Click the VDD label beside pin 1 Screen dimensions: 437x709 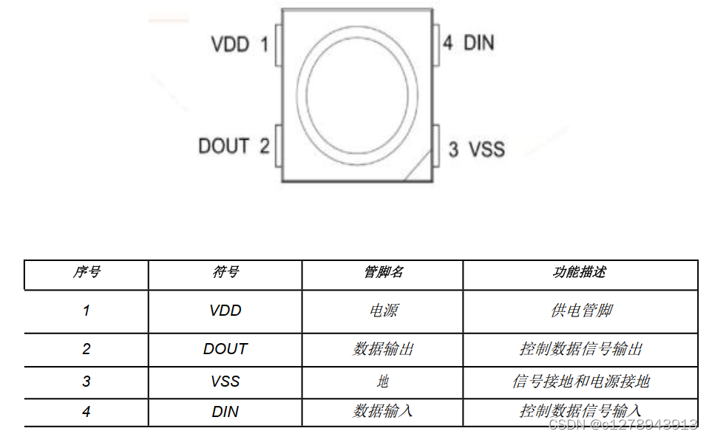tap(230, 44)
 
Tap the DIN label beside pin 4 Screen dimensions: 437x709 tap(478, 43)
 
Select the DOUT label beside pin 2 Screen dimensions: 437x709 tap(223, 146)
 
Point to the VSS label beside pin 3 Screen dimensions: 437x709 tap(486, 149)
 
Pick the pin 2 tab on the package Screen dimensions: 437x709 tap(278, 145)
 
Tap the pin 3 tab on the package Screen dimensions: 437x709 tap(436, 144)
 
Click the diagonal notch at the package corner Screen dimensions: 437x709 tap(418, 168)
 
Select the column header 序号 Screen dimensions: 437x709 tap(86, 272)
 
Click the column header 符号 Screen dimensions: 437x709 tap(225, 272)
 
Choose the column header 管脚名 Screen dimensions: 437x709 tap(383, 272)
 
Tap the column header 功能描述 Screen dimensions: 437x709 tap(580, 272)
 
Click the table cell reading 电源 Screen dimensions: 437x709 tap(383, 311)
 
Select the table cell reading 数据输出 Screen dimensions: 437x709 tap(383, 349)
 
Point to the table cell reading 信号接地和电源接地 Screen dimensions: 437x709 tap(580, 382)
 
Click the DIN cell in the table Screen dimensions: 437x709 tap(225, 411)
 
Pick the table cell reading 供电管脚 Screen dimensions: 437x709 tap(580, 311)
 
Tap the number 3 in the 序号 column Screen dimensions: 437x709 tap(86, 382)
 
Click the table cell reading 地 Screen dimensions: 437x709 tap(383, 382)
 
